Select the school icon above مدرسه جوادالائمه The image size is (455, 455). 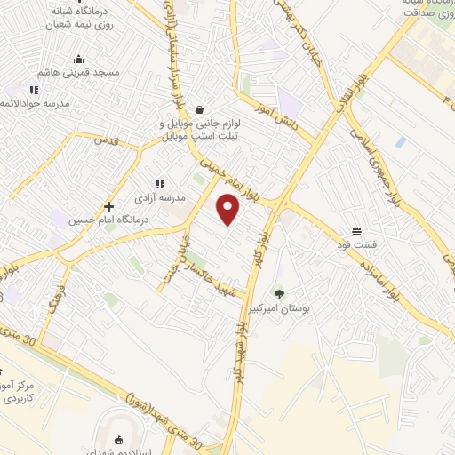(34, 90)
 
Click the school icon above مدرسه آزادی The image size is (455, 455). (160, 182)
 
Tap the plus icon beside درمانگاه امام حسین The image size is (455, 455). (108, 205)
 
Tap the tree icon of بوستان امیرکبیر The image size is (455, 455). (280, 294)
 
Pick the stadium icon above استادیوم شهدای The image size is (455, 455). (118, 441)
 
